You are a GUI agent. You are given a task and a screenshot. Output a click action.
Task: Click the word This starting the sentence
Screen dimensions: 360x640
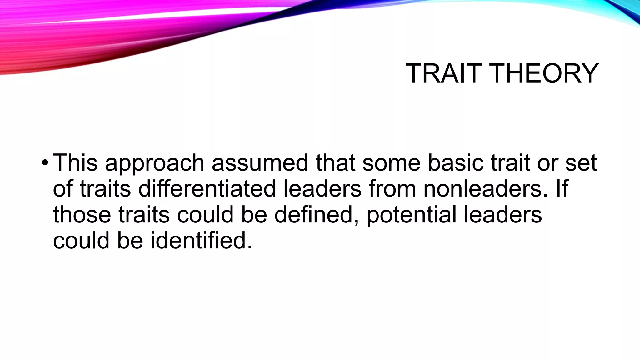coord(75,163)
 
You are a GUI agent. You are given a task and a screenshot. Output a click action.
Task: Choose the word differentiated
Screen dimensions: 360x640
coord(207,189)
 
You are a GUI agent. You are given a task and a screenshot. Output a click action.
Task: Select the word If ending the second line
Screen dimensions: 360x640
coord(562,189)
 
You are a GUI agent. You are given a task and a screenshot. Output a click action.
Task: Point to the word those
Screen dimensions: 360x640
coord(82,215)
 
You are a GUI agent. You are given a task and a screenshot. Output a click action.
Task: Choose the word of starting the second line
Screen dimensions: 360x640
coord(63,189)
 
